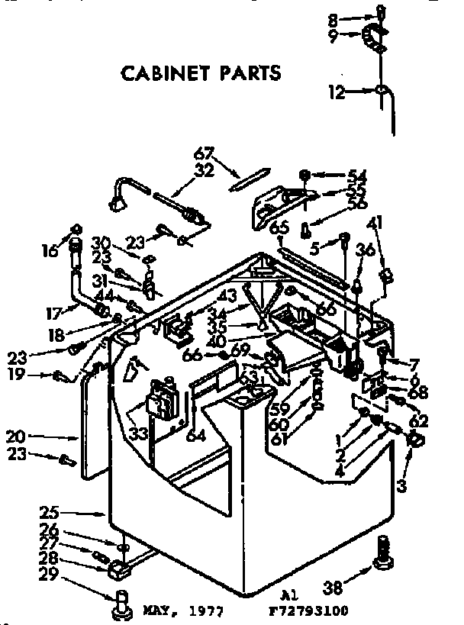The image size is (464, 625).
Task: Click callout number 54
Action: (357, 175)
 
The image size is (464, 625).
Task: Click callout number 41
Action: (374, 223)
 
